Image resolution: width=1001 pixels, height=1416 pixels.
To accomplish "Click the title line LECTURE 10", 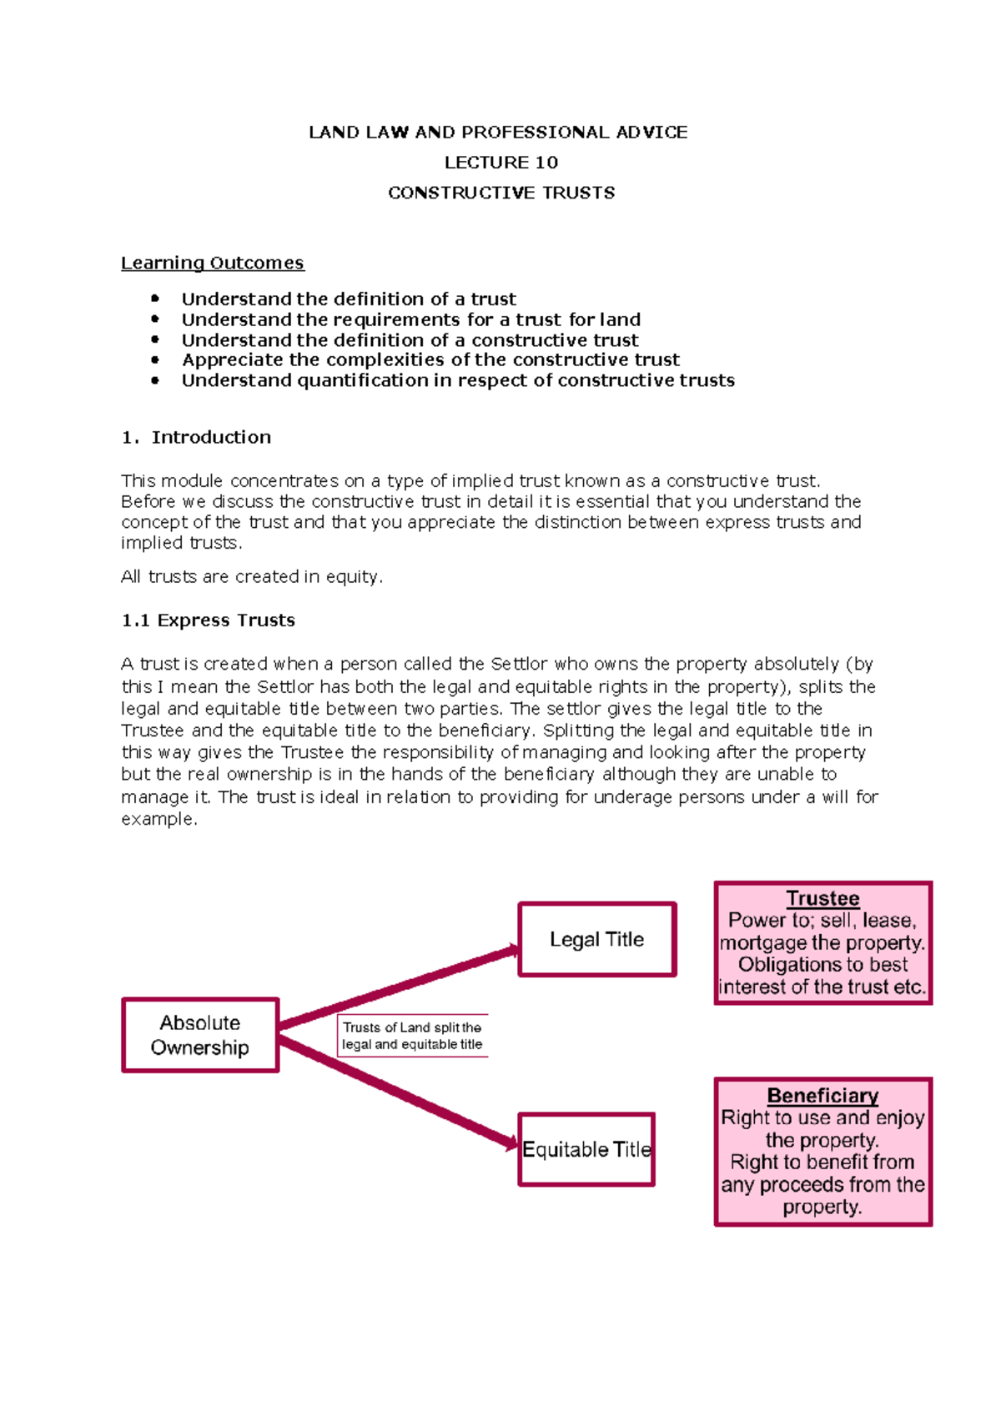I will (x=500, y=163).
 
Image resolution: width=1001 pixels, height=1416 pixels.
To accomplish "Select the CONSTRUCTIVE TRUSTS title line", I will (x=501, y=193).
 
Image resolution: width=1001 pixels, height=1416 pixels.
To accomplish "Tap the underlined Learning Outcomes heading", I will (x=212, y=263).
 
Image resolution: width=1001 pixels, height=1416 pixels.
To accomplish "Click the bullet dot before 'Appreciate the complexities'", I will (x=155, y=359).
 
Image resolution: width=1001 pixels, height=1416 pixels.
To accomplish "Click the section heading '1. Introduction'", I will (x=196, y=437).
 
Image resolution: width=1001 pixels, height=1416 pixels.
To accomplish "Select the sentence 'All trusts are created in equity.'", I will (x=251, y=576).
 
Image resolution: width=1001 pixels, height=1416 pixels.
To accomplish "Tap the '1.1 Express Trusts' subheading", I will (x=208, y=620).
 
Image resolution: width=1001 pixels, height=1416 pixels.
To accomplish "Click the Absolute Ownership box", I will (x=200, y=1035).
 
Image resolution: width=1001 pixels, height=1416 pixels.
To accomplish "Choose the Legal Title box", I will (x=596, y=939).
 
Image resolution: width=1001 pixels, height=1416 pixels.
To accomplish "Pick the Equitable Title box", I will (x=586, y=1149).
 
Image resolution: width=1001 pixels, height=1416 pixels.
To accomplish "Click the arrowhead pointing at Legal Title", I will (x=511, y=951).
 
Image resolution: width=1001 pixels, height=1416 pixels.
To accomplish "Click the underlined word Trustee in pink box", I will (x=822, y=898).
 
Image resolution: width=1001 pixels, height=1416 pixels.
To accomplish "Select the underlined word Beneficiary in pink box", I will (x=822, y=1095).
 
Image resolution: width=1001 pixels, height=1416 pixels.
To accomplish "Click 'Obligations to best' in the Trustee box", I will (x=822, y=965).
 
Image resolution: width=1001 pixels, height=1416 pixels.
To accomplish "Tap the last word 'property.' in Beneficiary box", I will (x=822, y=1207).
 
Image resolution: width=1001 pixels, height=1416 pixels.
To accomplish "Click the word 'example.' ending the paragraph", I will (x=158, y=819).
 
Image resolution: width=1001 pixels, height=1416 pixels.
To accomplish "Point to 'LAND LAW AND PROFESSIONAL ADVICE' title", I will (x=498, y=132).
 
